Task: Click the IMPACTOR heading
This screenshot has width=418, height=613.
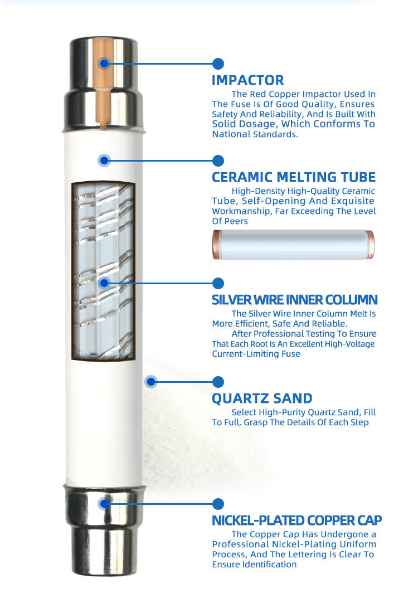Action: pyautogui.click(x=248, y=80)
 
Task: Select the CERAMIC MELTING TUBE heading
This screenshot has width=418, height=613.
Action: pyautogui.click(x=294, y=177)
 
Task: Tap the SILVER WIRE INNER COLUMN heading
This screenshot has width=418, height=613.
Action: pyautogui.click(x=294, y=300)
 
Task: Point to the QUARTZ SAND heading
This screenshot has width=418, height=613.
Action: pyautogui.click(x=262, y=398)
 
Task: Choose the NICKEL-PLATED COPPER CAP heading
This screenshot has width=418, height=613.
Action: pyautogui.click(x=297, y=520)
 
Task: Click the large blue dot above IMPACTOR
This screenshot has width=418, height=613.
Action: pyautogui.click(x=218, y=64)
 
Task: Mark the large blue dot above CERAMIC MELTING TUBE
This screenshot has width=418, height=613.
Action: pyautogui.click(x=218, y=160)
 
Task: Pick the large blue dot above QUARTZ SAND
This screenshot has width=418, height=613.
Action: pyautogui.click(x=218, y=382)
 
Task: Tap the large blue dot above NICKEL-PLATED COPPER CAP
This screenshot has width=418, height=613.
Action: pyautogui.click(x=218, y=504)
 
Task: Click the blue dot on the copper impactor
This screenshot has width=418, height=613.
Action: pyautogui.click(x=104, y=64)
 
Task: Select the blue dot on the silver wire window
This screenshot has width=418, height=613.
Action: pyautogui.click(x=104, y=283)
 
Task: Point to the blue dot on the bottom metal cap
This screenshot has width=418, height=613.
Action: pyautogui.click(x=104, y=504)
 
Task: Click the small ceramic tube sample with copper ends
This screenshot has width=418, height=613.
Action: pyautogui.click(x=293, y=244)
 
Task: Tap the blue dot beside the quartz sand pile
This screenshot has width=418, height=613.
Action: pyautogui.click(x=151, y=382)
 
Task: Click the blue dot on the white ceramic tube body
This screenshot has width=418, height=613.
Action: pyautogui.click(x=104, y=160)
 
